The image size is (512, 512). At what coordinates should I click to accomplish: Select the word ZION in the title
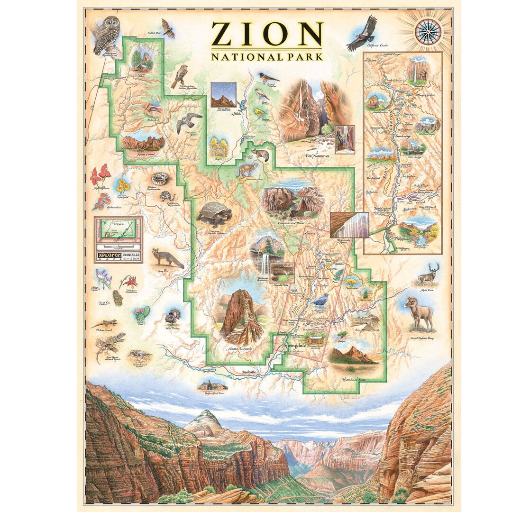pos(266,34)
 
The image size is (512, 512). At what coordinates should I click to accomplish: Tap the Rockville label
pos(249,372)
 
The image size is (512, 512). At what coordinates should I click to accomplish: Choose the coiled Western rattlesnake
pos(159,179)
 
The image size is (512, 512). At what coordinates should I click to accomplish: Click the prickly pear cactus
pos(142,313)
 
